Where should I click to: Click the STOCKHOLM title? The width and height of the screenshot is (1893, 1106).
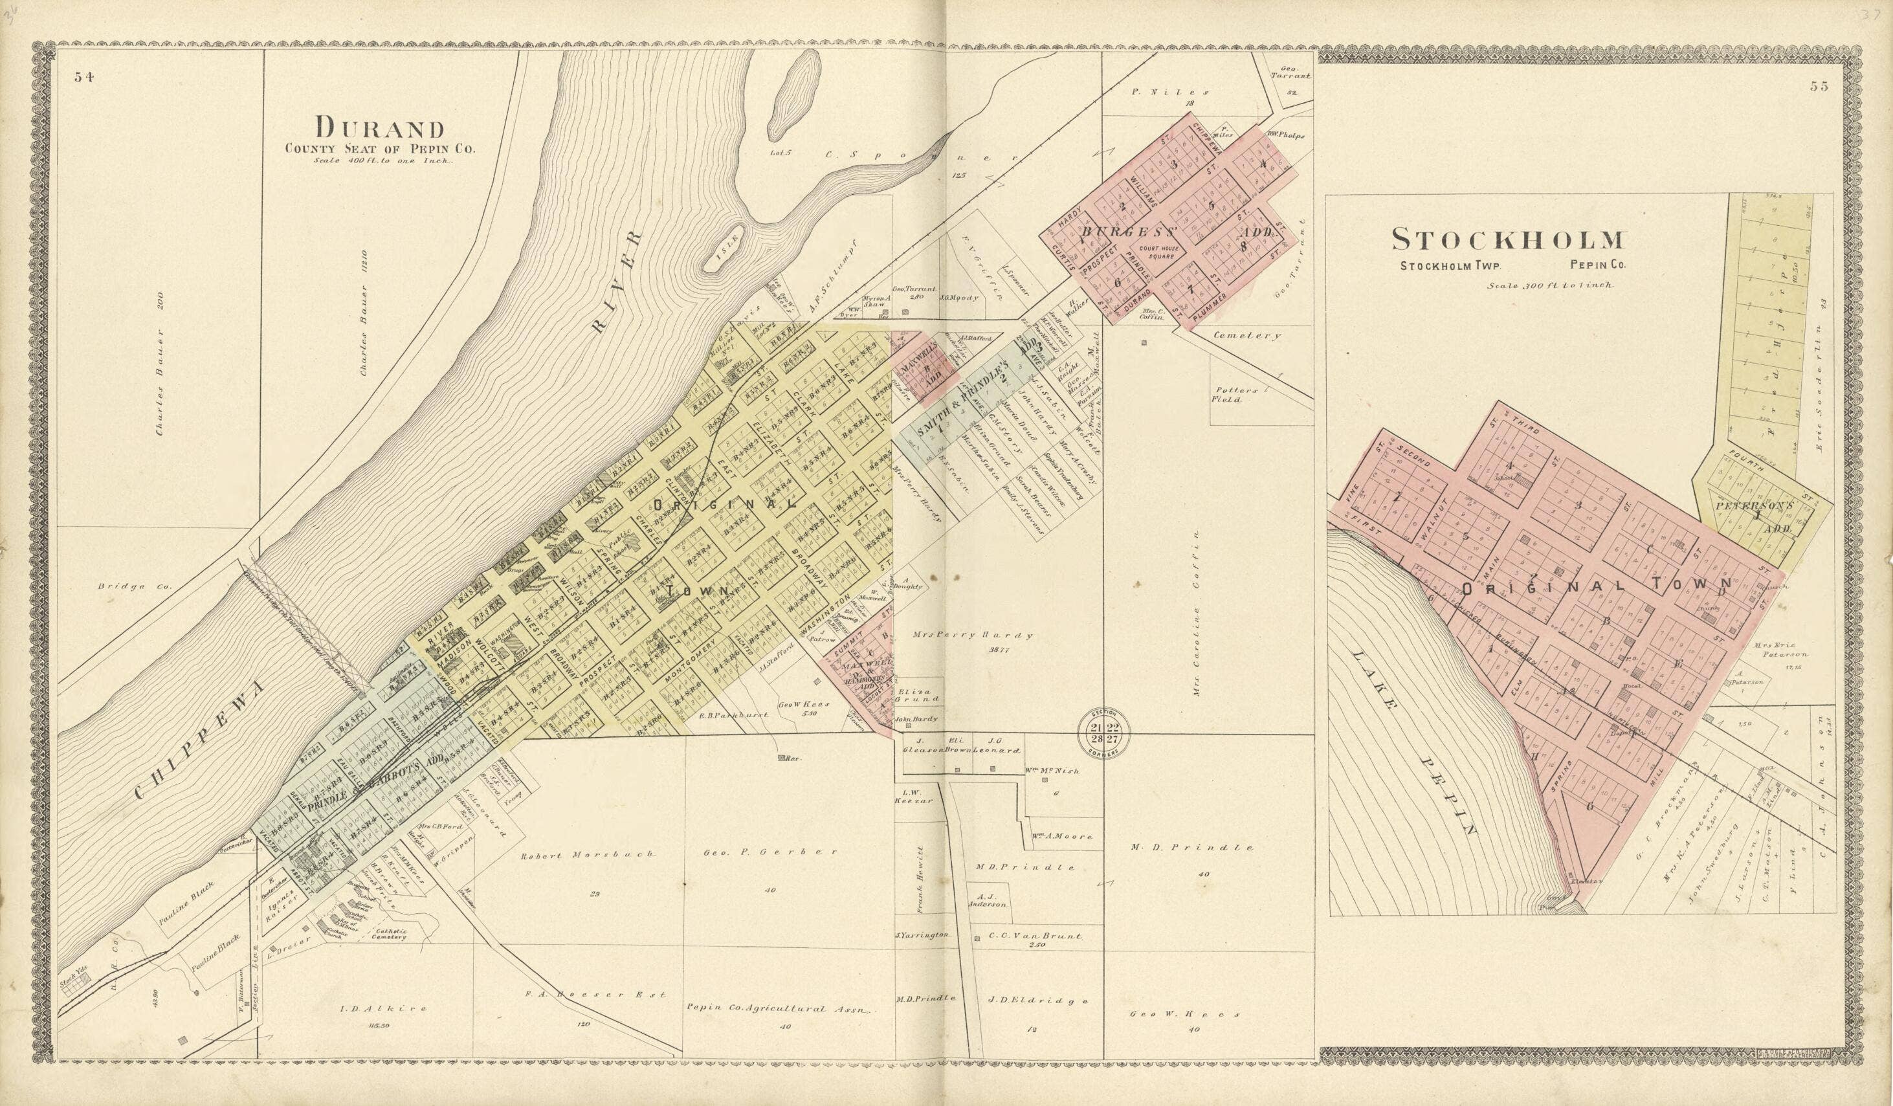pos(1508,239)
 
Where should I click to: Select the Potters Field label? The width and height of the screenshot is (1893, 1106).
pos(1226,395)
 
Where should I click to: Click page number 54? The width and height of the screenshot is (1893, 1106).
pos(84,76)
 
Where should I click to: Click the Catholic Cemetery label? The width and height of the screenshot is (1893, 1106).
pos(388,933)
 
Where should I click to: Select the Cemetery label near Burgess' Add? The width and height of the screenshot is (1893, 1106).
pos(1247,336)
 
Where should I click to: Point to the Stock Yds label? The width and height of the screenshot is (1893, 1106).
pos(73,981)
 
